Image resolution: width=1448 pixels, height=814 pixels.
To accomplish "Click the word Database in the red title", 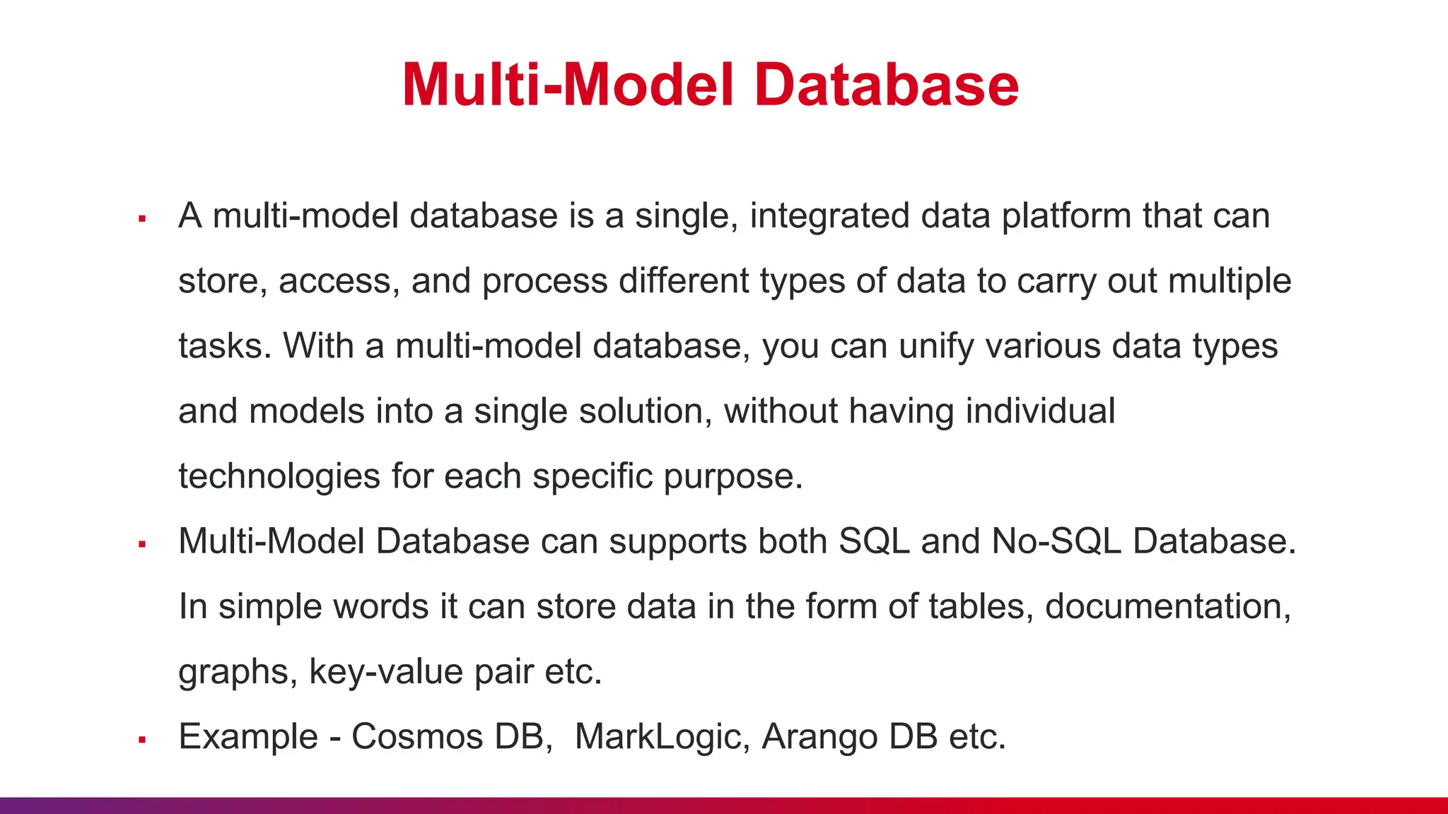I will (886, 85).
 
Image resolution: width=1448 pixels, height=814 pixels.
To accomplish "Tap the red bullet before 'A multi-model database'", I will (142, 219).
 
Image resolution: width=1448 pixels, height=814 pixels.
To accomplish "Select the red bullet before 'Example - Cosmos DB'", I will (142, 740).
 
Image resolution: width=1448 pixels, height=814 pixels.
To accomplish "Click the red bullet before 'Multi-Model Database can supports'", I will (142, 545).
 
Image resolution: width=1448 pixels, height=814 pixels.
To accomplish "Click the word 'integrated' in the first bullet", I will (829, 216).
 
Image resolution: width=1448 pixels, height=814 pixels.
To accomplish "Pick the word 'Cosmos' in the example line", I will (417, 736).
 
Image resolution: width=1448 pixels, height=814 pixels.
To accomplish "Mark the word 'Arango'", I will (819, 738).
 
